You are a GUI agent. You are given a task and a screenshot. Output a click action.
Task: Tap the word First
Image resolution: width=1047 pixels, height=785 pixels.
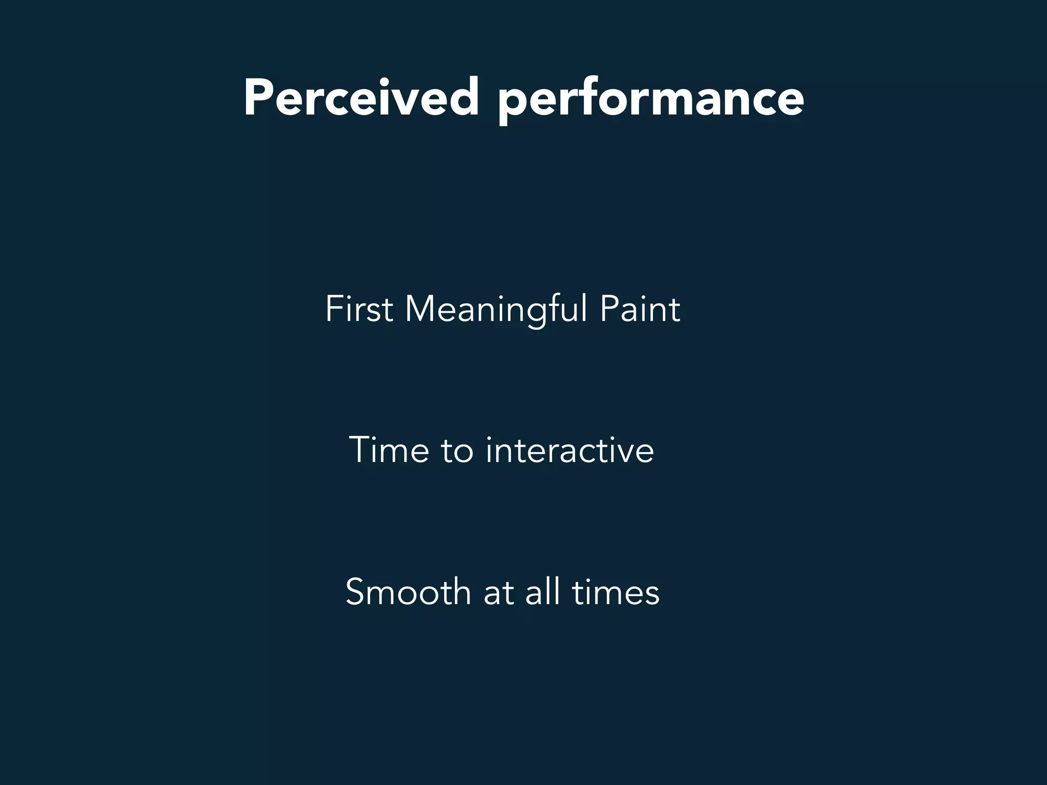(359, 309)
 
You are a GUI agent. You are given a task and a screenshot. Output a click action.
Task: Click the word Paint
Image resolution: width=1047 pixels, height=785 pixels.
(640, 309)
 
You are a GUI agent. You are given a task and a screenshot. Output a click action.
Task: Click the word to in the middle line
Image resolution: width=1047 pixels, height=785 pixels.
(457, 451)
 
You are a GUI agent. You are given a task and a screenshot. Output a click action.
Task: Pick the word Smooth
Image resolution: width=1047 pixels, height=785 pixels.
(408, 592)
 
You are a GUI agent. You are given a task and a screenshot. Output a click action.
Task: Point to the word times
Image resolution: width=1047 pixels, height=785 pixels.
(616, 592)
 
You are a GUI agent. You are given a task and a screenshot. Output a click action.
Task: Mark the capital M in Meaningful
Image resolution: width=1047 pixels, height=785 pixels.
(421, 309)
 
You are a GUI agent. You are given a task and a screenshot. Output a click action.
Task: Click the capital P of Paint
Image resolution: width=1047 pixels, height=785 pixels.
(609, 309)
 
